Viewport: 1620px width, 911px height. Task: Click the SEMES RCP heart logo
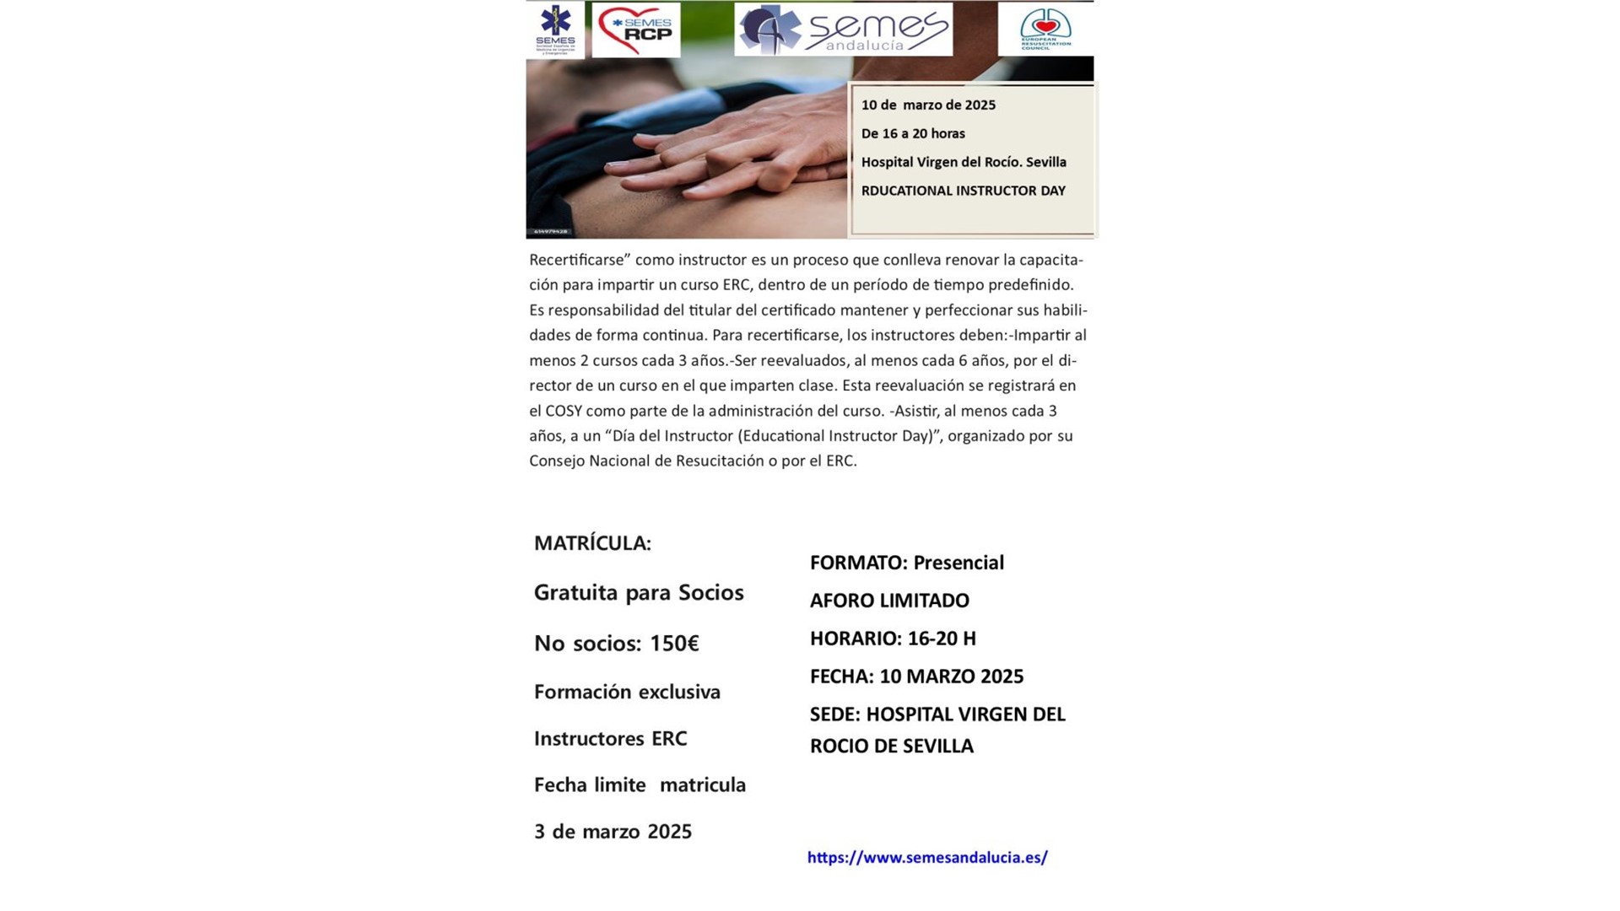click(x=636, y=30)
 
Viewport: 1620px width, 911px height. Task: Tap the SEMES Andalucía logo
click(x=843, y=30)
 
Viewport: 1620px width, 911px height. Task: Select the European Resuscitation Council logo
click(x=1045, y=29)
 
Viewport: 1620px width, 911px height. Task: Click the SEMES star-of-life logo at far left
click(x=555, y=29)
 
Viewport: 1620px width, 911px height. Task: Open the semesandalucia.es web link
click(x=927, y=858)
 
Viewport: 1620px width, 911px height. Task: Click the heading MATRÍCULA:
click(x=592, y=543)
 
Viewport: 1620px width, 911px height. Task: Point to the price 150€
click(x=674, y=644)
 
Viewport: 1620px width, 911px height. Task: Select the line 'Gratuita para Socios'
click(x=639, y=592)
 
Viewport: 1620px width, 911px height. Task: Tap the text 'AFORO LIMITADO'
click(x=889, y=601)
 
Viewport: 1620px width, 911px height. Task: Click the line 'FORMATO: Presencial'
click(x=906, y=563)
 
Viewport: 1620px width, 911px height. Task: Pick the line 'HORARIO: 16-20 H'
click(x=893, y=639)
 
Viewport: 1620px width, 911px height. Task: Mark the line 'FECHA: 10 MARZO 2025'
click(x=916, y=677)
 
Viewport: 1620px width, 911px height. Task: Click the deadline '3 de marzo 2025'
click(x=613, y=832)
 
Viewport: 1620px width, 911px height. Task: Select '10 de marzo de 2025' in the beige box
click(x=928, y=105)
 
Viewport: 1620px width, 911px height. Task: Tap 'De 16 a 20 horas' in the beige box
click(x=913, y=133)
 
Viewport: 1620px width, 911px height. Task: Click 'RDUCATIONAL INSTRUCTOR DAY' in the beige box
click(x=963, y=191)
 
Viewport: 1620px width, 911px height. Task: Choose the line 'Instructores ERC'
click(x=610, y=739)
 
